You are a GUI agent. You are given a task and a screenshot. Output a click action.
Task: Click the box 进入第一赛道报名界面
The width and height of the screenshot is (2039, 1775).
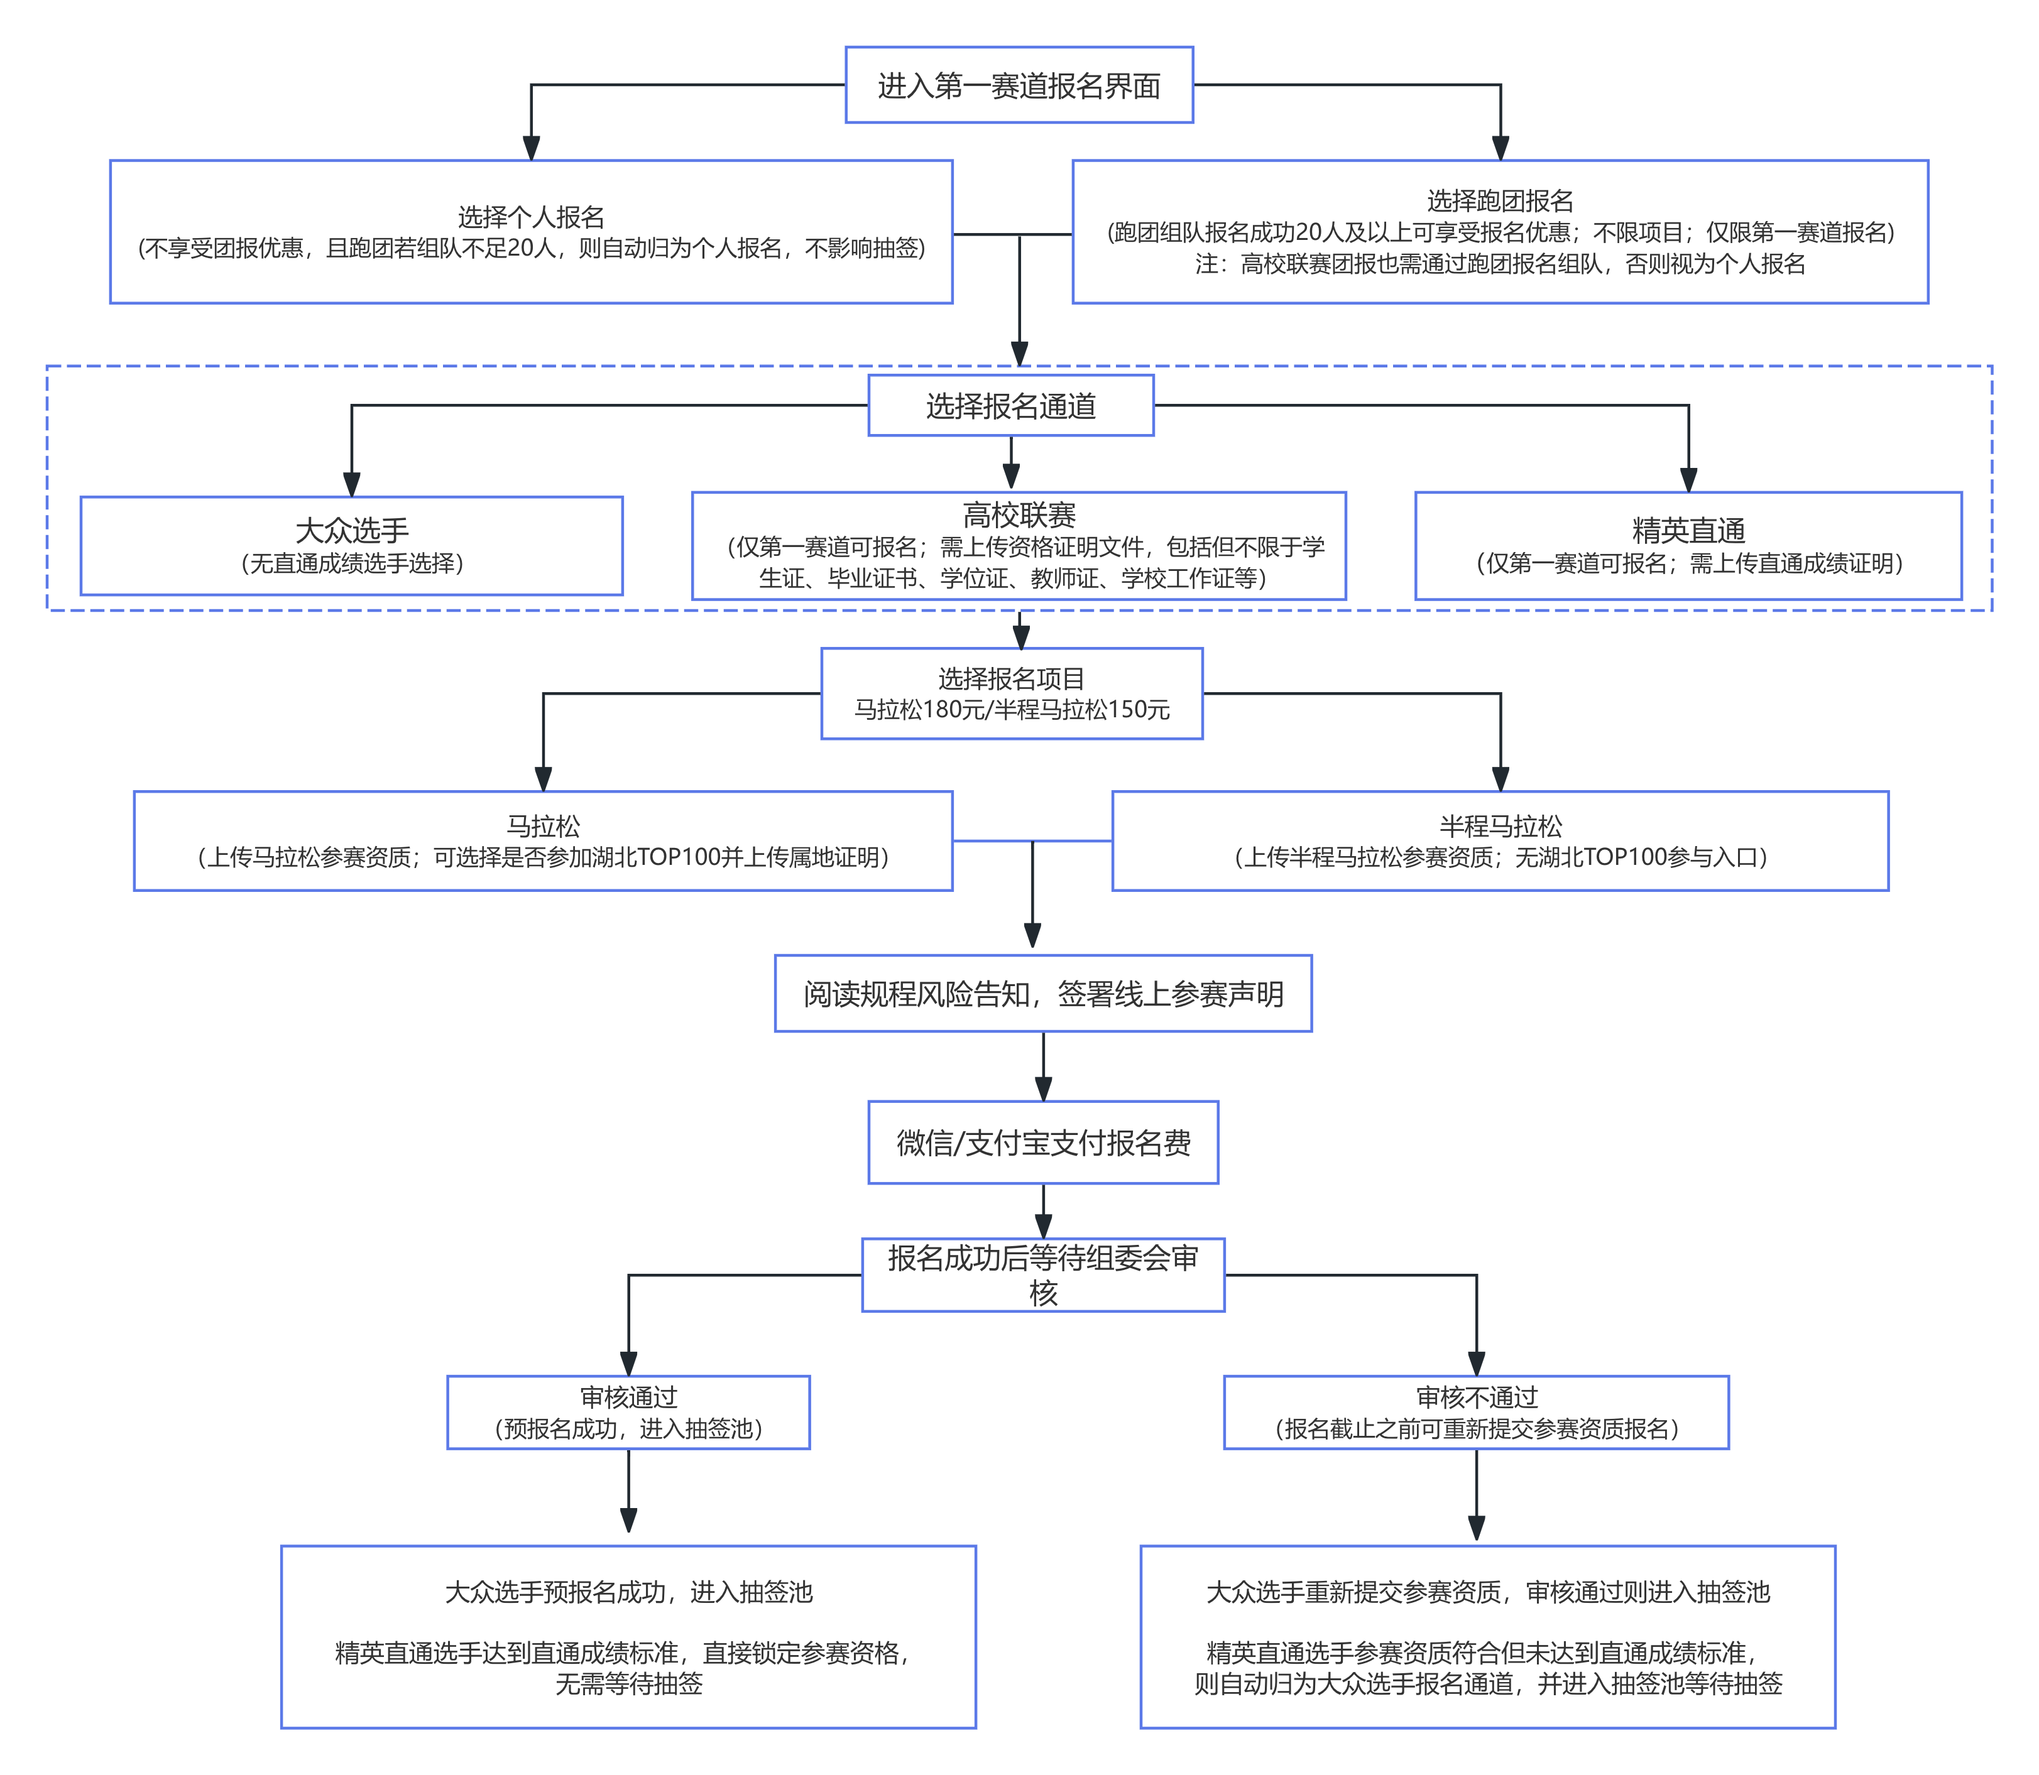point(1019,85)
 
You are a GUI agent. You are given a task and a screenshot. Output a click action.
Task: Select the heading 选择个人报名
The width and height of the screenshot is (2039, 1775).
point(531,217)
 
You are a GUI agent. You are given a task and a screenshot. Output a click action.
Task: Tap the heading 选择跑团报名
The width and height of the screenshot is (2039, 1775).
point(1500,201)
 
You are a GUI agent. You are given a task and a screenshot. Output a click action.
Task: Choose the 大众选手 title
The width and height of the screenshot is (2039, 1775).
point(352,530)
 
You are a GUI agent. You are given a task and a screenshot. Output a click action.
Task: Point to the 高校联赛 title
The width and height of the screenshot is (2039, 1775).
point(1019,515)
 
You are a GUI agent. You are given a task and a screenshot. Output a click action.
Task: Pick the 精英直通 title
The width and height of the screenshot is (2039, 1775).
point(1688,531)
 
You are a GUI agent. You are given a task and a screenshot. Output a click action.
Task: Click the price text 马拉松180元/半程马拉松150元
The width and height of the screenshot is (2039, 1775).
point(1012,709)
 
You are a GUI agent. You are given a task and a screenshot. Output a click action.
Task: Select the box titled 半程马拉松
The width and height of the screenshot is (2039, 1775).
point(1500,841)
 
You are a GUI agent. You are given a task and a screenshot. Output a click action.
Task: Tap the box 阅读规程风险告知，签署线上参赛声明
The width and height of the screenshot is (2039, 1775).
point(1043,994)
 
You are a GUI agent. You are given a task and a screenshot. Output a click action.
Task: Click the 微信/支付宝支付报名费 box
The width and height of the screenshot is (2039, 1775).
point(1043,1142)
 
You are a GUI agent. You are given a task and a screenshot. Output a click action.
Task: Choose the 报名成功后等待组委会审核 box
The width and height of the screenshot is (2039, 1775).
point(1043,1275)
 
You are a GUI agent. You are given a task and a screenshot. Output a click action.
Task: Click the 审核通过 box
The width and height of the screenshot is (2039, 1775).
point(628,1413)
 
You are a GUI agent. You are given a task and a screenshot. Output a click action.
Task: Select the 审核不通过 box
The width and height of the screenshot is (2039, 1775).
point(1476,1413)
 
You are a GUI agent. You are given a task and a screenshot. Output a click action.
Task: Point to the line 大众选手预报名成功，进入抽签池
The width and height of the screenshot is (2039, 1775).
point(628,1592)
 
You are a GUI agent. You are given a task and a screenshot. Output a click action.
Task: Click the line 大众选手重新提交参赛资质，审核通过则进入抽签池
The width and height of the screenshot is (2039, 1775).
point(1487,1592)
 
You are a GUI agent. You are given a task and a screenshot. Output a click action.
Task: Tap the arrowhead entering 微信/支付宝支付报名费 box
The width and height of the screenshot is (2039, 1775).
point(1043,1088)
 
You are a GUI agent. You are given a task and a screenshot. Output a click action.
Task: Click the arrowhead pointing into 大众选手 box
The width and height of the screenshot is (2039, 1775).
point(352,484)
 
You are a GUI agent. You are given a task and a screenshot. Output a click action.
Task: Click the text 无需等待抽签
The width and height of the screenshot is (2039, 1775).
point(628,1684)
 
